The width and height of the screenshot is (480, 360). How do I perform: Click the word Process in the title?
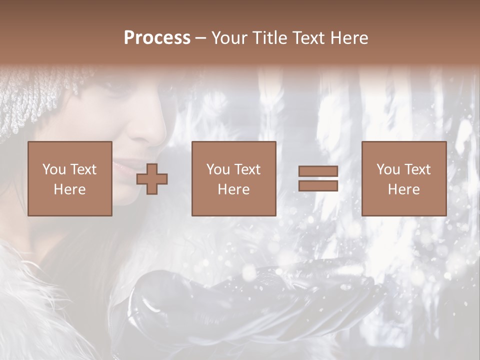(x=157, y=38)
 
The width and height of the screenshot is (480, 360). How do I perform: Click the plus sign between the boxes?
(x=152, y=179)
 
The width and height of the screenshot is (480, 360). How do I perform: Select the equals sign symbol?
(x=318, y=179)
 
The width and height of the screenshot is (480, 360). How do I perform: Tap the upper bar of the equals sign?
(x=318, y=172)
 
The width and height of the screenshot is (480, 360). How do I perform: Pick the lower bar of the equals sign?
(x=318, y=186)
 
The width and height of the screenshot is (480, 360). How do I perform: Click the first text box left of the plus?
(x=70, y=179)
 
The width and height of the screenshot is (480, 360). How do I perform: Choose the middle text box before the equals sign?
(x=234, y=179)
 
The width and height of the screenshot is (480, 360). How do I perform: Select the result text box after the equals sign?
(x=404, y=179)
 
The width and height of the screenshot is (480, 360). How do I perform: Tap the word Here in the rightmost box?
(x=404, y=189)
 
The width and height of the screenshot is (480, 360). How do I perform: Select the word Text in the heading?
(x=306, y=38)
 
